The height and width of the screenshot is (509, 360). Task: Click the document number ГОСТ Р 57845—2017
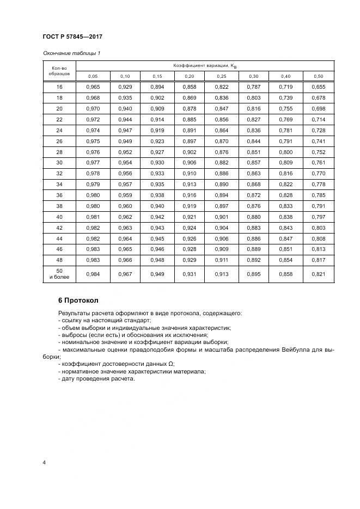72,36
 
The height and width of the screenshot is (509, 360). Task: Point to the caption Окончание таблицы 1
71,53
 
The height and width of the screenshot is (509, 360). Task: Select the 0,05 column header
93,76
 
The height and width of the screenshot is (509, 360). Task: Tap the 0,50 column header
319,76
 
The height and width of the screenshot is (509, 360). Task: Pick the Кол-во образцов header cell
59,71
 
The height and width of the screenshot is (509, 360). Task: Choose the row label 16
59,87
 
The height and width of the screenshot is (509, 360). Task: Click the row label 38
59,206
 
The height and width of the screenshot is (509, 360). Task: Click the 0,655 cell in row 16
319,87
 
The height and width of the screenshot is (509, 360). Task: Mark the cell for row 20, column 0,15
157,109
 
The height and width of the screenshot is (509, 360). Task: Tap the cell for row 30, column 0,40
286,163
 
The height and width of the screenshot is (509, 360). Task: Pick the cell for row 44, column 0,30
254,238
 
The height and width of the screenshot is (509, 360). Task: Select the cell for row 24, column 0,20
190,131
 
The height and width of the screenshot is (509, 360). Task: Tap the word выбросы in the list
74,335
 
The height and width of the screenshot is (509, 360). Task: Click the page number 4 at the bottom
44,463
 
